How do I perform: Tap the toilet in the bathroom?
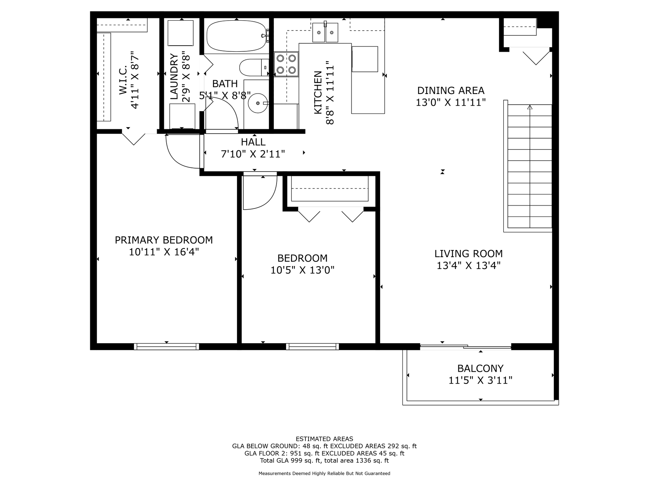click(255, 68)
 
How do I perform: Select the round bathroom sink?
click(258, 103)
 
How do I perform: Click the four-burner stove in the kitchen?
click(286, 64)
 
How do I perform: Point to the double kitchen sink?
click(325, 32)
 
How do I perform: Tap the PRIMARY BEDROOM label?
click(164, 240)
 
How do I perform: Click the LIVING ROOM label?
click(469, 254)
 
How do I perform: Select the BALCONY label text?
click(480, 368)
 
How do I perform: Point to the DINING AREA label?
click(451, 91)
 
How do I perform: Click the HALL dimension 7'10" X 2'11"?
click(253, 154)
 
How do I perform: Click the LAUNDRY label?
click(174, 77)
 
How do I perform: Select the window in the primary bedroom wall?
click(167, 346)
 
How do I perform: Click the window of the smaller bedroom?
click(312, 346)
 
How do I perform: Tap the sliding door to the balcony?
click(466, 346)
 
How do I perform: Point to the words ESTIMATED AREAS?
click(324, 439)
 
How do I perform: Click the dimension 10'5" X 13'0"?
click(302, 271)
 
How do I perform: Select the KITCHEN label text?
click(318, 92)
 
